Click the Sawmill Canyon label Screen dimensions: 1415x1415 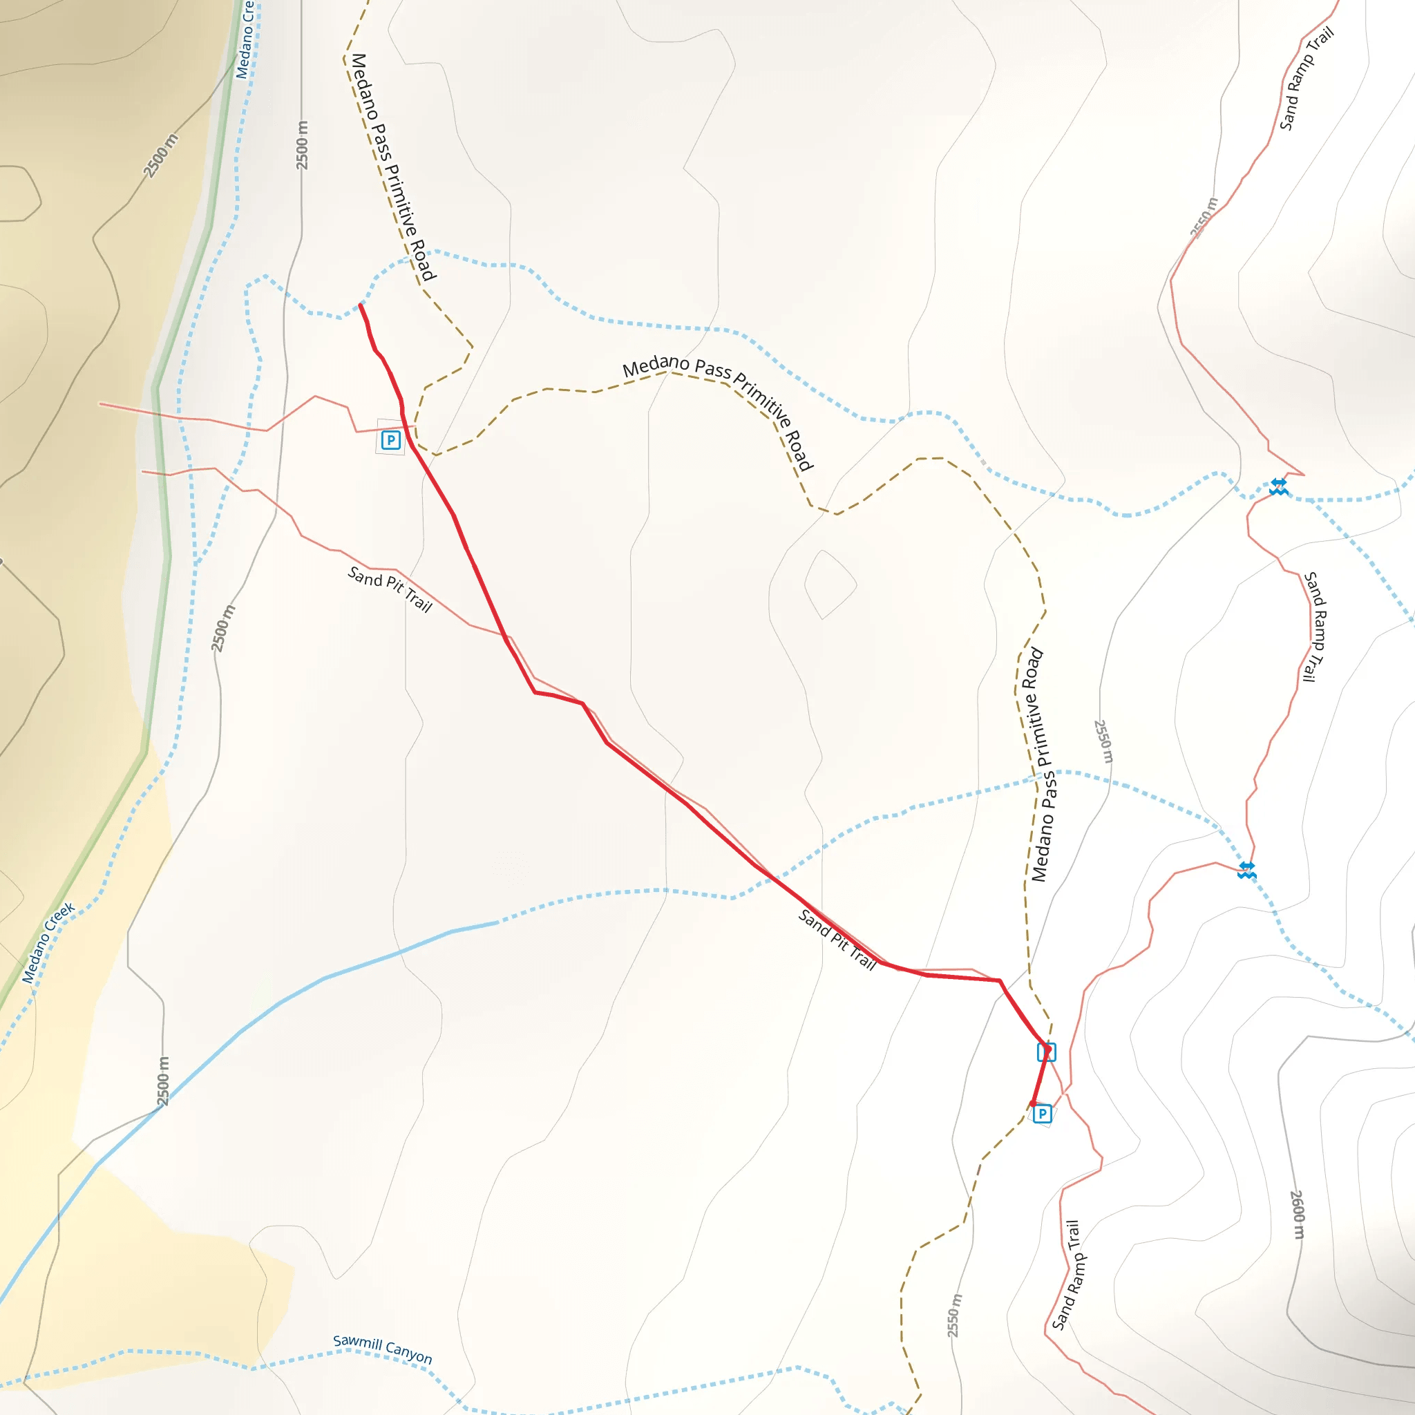click(382, 1350)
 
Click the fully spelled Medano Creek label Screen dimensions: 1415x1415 click(48, 942)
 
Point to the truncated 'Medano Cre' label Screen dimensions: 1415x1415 click(245, 39)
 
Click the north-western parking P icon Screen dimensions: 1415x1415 click(390, 440)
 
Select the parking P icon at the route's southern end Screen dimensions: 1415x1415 click(1042, 1114)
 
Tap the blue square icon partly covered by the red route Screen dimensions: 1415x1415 click(1046, 1052)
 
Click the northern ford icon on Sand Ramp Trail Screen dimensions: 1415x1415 click(1279, 486)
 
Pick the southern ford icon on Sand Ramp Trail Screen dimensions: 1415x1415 click(1246, 871)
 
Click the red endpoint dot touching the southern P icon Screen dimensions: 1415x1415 click(1034, 1103)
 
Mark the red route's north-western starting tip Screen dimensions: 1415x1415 click(361, 305)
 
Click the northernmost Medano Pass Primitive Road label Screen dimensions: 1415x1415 click(393, 167)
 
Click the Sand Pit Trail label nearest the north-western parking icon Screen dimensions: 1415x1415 click(390, 589)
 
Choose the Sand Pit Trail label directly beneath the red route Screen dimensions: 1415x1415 click(837, 940)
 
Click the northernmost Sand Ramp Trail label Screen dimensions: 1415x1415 click(1306, 79)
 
